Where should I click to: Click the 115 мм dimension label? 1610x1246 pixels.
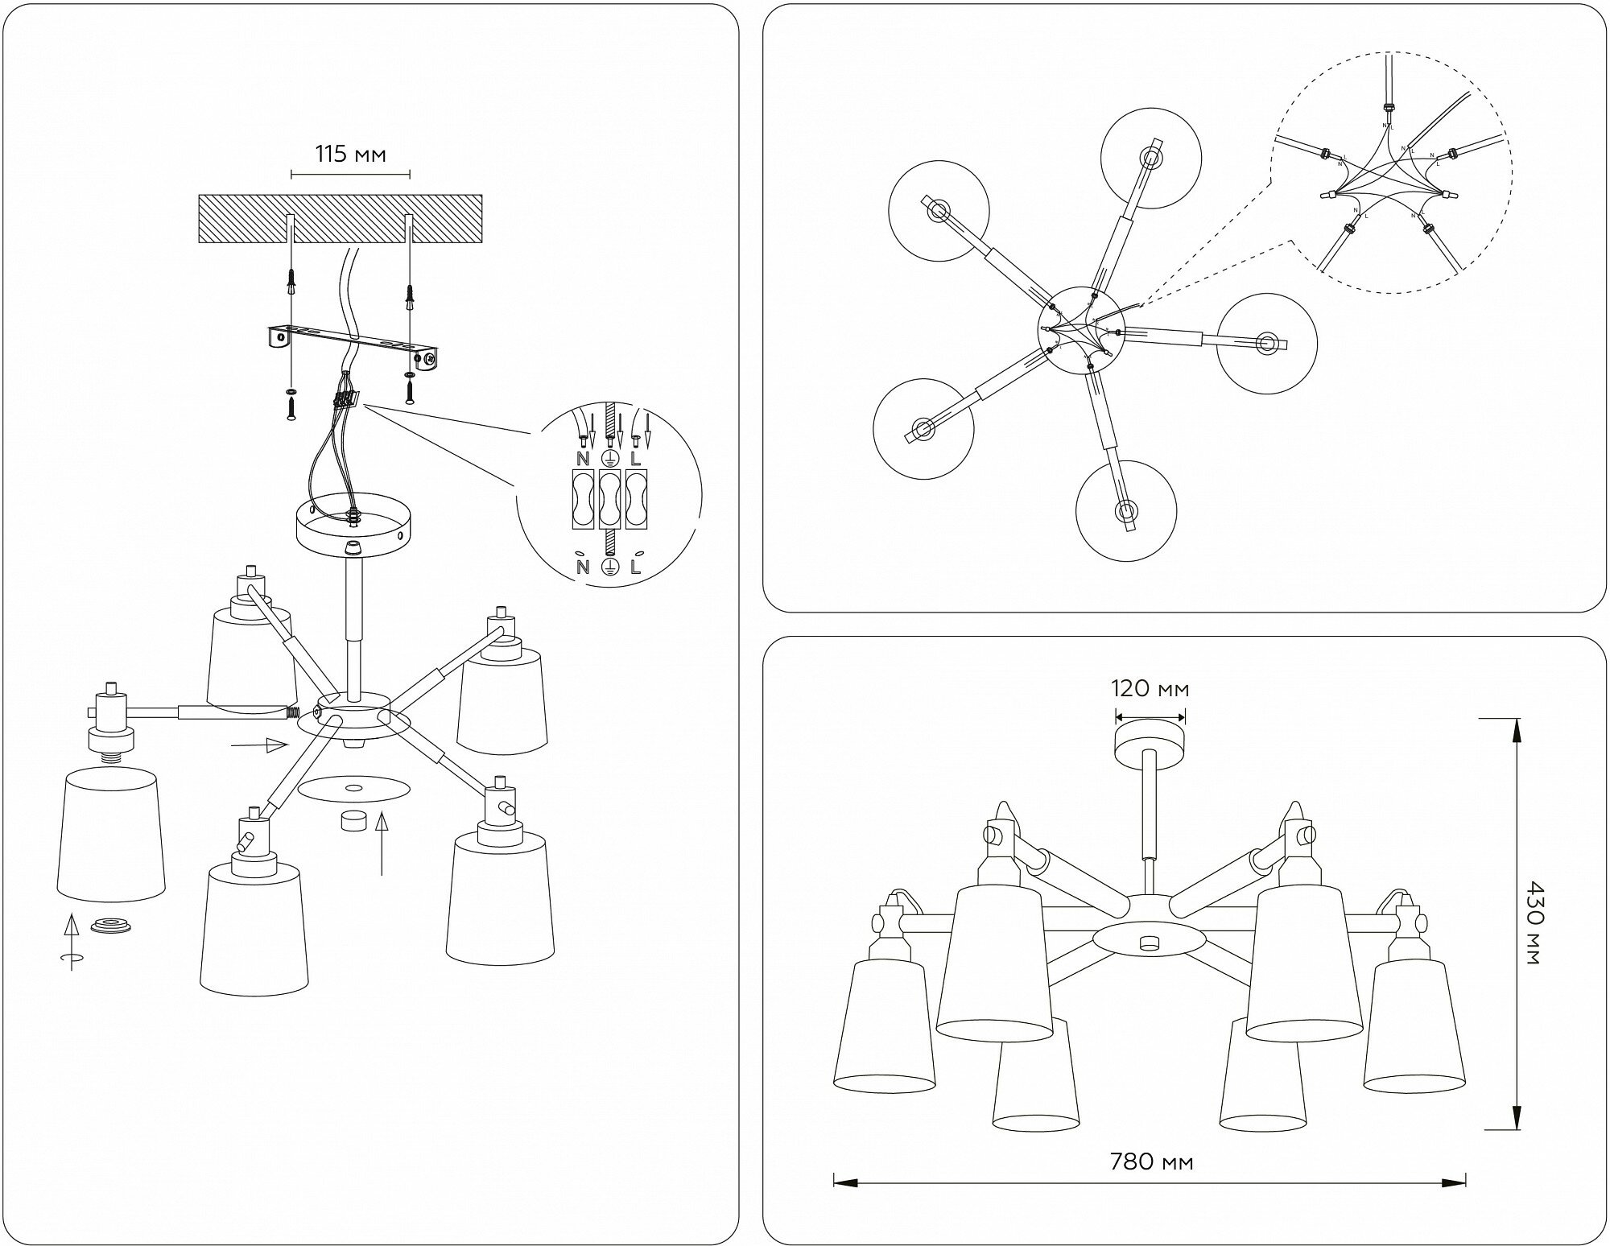(x=350, y=154)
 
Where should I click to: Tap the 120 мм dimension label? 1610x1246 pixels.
(x=1150, y=689)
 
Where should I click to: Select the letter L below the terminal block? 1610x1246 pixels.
(x=636, y=567)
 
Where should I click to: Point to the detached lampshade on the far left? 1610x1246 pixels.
(x=111, y=833)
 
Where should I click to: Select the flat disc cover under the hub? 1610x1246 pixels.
(x=353, y=790)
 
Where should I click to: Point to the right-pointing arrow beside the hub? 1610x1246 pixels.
(x=258, y=745)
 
